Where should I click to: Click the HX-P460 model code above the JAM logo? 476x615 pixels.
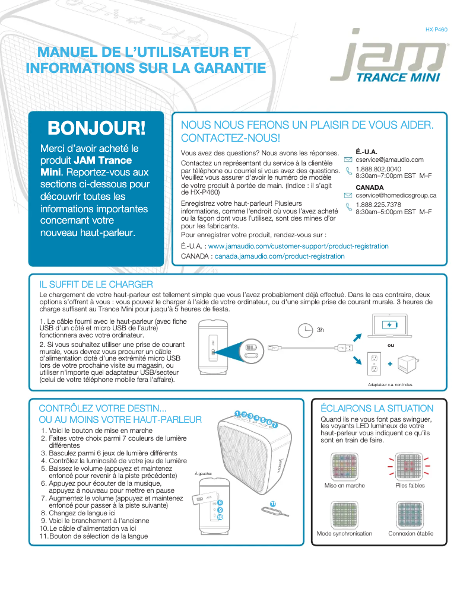coord(436,29)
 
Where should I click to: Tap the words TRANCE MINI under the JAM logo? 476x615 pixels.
coord(397,78)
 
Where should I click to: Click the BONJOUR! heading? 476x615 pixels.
coord(96,128)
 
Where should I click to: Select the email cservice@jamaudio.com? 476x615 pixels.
coord(389,160)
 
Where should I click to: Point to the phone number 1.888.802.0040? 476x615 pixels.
coord(378,168)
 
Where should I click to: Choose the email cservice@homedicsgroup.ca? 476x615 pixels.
coord(396,195)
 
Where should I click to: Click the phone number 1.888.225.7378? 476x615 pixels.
coord(378,205)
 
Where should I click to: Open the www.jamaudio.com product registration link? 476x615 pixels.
coord(299,246)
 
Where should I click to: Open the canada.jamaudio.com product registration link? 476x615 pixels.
coord(280,256)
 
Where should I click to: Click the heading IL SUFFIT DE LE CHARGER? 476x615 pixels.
coord(96,285)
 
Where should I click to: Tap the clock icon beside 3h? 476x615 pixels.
coord(305,330)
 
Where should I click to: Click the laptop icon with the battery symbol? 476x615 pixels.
coord(390,327)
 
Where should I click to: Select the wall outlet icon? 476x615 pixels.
coord(374,364)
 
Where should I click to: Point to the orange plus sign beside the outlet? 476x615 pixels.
coord(390,364)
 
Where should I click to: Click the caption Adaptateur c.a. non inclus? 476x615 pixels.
coord(390,384)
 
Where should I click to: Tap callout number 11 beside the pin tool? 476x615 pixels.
coord(272,504)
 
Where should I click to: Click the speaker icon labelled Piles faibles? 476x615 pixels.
coord(410,466)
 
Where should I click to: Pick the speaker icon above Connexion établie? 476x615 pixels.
coord(410,514)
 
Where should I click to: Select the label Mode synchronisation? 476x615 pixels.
coord(344,533)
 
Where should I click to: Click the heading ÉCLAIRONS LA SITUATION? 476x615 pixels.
coord(377,408)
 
